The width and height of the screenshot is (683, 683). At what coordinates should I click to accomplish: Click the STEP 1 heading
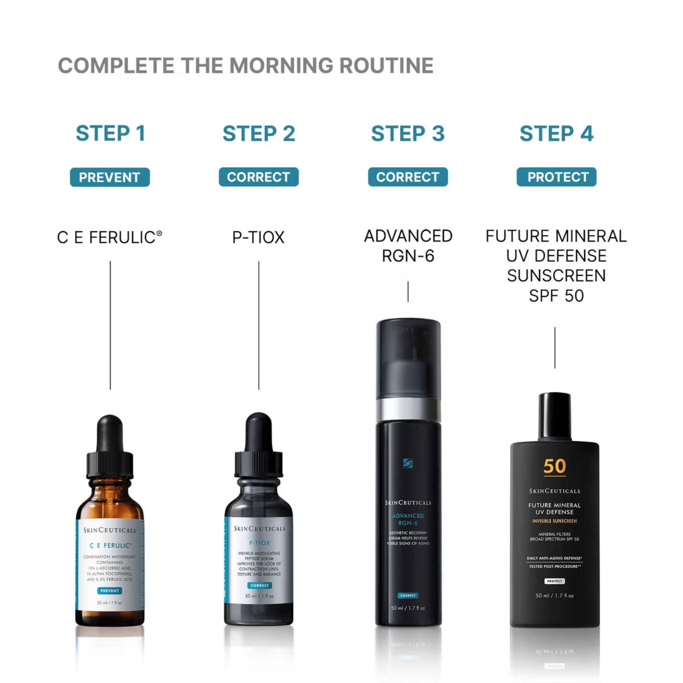tap(110, 133)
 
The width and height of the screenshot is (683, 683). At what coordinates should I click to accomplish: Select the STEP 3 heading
tap(408, 133)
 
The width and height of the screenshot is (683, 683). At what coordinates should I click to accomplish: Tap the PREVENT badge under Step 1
tap(110, 177)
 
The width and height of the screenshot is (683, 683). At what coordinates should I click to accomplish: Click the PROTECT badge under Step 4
tap(556, 177)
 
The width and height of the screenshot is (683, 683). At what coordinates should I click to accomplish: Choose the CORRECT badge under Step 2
tap(259, 177)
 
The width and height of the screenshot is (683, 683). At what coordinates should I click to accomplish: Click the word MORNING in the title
tap(281, 66)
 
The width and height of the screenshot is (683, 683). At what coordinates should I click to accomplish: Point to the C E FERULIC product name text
tap(109, 237)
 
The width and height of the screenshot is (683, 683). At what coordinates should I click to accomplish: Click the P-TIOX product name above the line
tap(259, 237)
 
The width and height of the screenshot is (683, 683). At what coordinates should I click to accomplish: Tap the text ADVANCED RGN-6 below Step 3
tap(408, 246)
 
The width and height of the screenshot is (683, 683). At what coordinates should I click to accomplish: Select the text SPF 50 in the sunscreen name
tap(556, 296)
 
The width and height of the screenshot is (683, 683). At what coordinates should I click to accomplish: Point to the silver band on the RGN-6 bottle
tap(408, 409)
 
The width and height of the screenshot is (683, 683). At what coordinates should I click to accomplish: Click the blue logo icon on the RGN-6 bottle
tap(408, 463)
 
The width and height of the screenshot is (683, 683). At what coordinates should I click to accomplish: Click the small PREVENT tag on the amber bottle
tap(110, 591)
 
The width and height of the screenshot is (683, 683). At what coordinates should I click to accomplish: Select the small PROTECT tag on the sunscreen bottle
tap(554, 581)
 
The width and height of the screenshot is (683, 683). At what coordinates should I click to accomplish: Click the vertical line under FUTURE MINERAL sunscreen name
tap(555, 348)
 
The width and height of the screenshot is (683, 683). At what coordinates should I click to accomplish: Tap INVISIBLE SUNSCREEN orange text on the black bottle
tap(554, 521)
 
